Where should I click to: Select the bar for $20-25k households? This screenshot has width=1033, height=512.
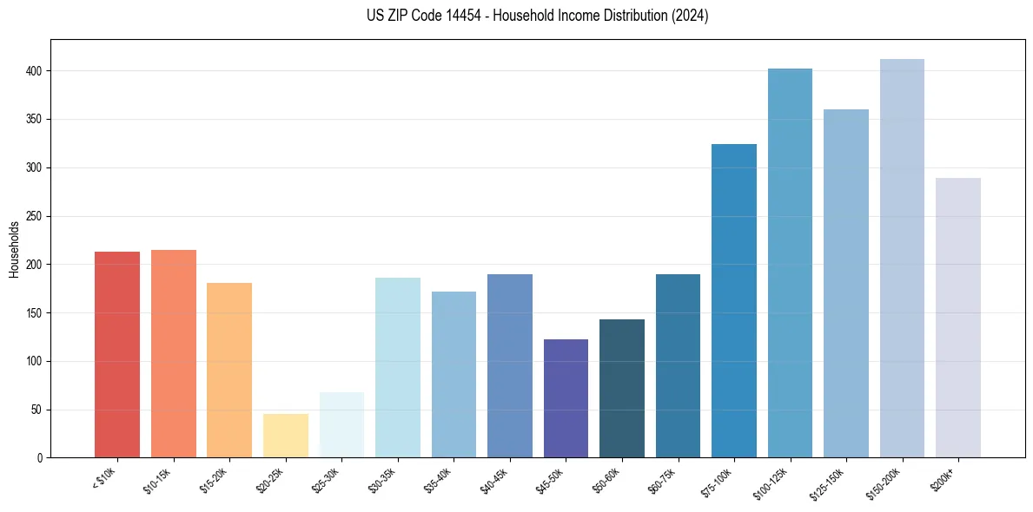coord(286,436)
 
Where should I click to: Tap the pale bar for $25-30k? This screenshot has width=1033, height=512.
coord(341,425)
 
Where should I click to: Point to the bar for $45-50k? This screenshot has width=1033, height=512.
coord(566,398)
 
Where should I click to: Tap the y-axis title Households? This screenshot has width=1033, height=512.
coord(15,249)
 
